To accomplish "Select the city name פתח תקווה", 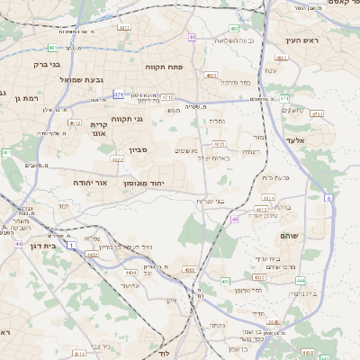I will pos(164,67).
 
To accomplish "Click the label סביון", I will pos(138,149).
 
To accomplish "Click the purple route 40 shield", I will pos(193,37).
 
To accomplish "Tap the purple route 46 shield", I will pos(234,219).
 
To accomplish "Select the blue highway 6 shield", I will pos(329,197).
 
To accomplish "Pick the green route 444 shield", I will pos(301,281).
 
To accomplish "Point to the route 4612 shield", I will pos(75,123).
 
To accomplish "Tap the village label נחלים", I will pos(217,121).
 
